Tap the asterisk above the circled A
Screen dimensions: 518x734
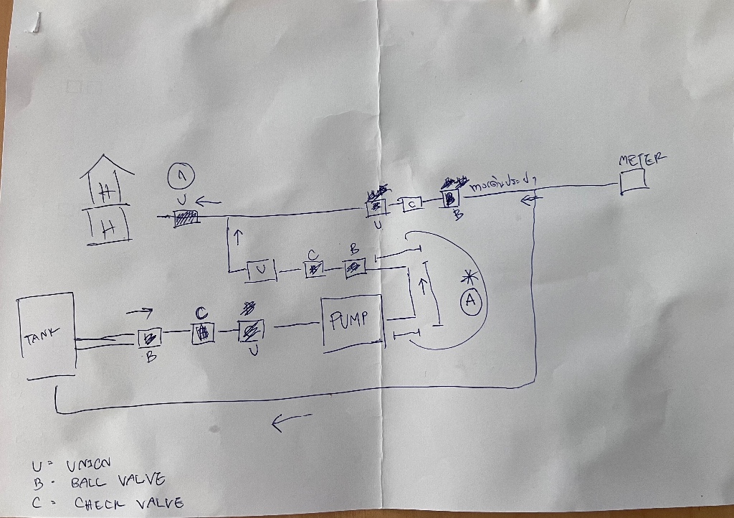[469, 277]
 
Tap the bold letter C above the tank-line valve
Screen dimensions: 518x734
[201, 314]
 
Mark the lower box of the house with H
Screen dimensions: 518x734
[108, 226]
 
